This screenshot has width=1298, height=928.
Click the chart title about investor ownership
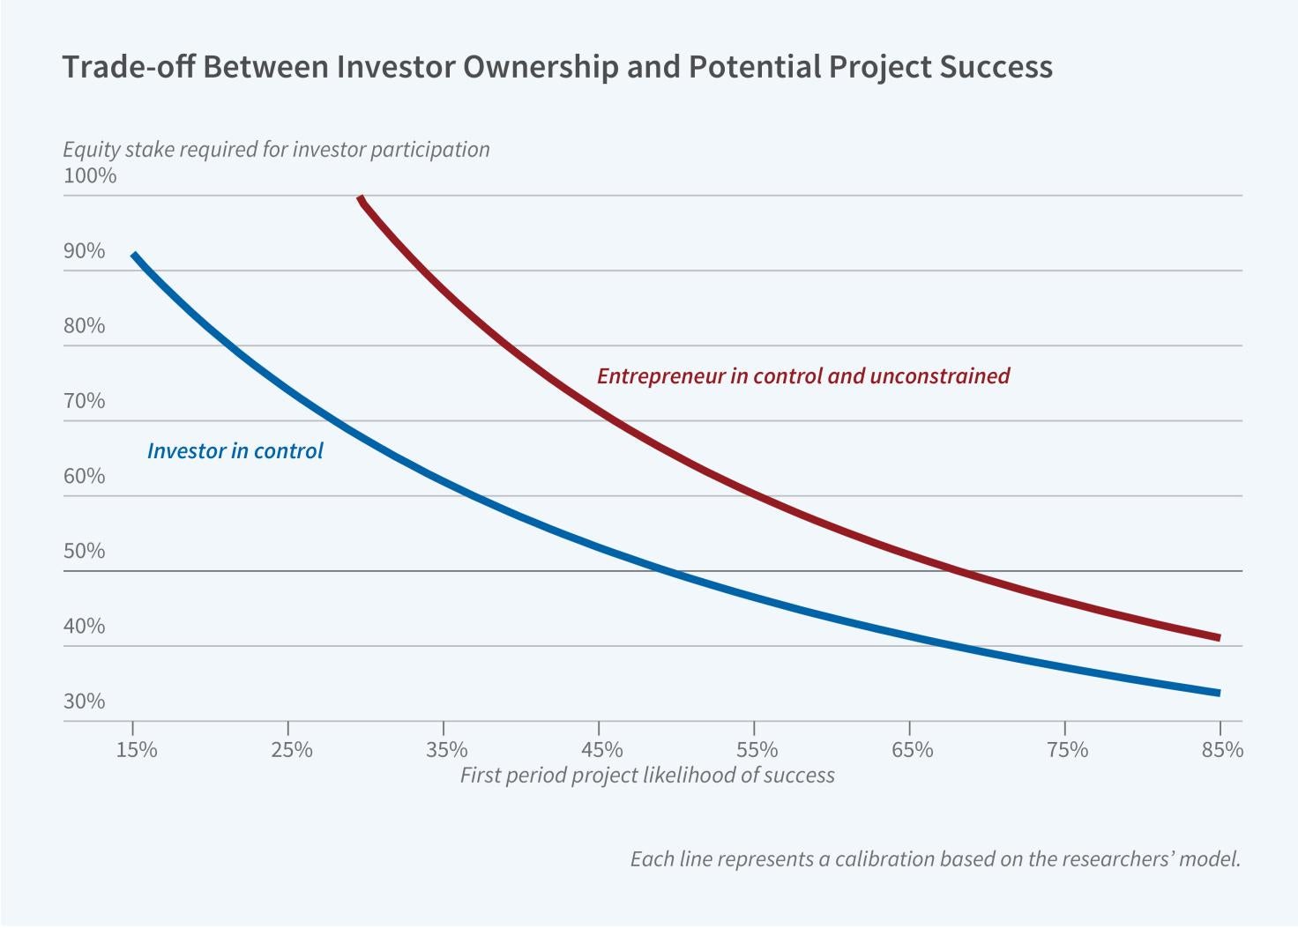(x=556, y=68)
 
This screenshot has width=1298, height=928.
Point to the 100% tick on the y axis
(x=90, y=175)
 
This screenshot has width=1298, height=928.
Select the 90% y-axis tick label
(x=84, y=251)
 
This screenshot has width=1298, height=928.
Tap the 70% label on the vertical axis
(x=84, y=401)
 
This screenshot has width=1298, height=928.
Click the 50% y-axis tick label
(x=84, y=551)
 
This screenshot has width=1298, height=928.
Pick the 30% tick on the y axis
(x=84, y=702)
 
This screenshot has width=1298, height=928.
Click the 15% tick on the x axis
(x=137, y=750)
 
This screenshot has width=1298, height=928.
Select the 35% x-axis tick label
(x=447, y=750)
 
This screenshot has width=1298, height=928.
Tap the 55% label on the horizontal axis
(x=757, y=750)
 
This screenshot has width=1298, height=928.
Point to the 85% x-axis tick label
(x=1222, y=750)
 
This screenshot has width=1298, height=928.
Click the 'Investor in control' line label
(x=235, y=451)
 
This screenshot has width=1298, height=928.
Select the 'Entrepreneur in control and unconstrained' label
(x=802, y=376)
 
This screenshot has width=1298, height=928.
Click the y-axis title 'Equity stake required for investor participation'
(x=276, y=149)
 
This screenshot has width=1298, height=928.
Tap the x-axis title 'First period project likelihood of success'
(x=647, y=776)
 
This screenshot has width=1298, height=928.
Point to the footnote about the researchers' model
(x=935, y=858)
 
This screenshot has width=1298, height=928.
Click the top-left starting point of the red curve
(x=360, y=198)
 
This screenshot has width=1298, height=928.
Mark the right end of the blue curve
(x=1219, y=693)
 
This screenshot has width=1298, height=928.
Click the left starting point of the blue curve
(x=133, y=255)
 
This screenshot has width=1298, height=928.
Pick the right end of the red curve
(x=1219, y=637)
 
